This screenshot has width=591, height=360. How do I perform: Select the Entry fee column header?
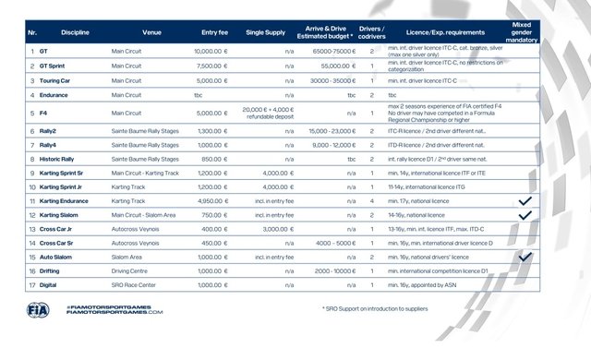(x=214, y=32)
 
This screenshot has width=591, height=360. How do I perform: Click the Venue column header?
(x=151, y=32)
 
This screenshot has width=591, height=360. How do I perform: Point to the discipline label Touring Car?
(x=58, y=80)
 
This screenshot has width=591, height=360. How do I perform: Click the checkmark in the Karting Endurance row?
(x=525, y=200)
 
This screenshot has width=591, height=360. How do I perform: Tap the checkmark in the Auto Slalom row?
(x=525, y=258)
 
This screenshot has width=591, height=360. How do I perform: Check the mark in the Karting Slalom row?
(x=525, y=214)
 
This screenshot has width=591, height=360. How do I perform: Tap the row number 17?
(x=32, y=286)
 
